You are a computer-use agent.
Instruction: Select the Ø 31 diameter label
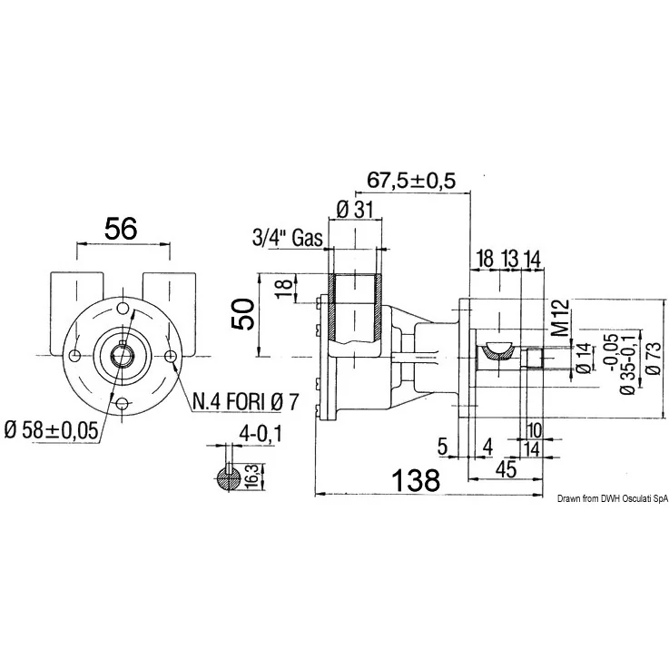click(x=355, y=210)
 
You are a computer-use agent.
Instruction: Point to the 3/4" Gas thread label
click(x=287, y=238)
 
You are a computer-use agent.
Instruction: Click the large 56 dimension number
click(x=121, y=228)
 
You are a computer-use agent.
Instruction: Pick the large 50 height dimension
click(x=243, y=314)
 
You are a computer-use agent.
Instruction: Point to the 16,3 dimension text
click(x=252, y=477)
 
